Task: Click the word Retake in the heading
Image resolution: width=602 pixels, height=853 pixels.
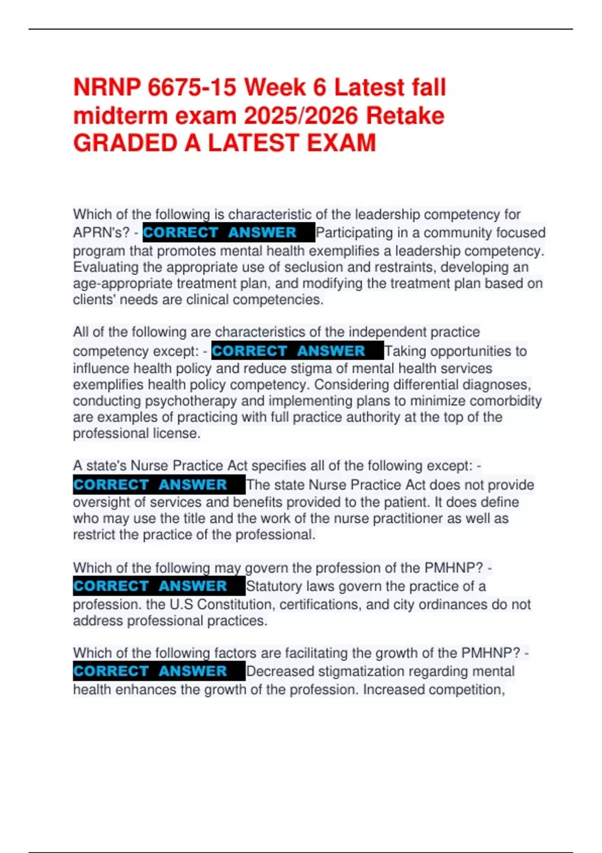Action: [x=405, y=116]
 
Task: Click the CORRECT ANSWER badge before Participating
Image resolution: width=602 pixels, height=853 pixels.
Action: [x=228, y=232]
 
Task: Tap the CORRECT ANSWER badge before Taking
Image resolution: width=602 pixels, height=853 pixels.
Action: [x=297, y=351]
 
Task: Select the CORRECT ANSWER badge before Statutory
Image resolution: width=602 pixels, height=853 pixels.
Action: [x=159, y=586]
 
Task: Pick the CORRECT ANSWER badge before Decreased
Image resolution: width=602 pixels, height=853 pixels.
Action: [x=159, y=671]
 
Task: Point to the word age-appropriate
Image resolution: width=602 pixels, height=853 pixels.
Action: [x=123, y=283]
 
